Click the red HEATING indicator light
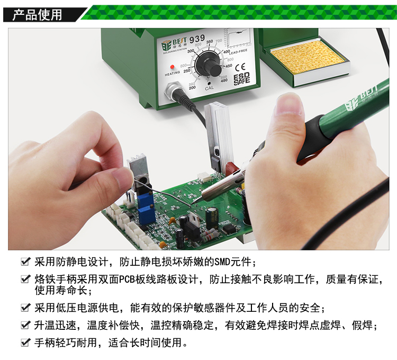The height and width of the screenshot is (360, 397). point(172,67)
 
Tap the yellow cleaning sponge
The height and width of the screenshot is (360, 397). point(308,58)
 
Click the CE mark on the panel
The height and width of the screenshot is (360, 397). point(240,68)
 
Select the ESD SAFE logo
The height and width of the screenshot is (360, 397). point(241,79)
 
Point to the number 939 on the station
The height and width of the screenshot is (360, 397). point(197,39)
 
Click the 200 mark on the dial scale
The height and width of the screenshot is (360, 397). point(192,87)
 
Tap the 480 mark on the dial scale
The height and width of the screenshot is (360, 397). point(224,80)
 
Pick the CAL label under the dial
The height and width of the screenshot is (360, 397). point(209,88)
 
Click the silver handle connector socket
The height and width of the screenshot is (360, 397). point(174,91)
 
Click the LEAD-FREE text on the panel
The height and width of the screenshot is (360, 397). point(238,52)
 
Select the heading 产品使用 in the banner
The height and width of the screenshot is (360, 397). point(37,14)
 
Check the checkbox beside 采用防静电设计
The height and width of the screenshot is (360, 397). point(25,262)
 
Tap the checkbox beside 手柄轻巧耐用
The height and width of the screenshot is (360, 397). point(25,343)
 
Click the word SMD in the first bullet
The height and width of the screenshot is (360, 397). point(222,262)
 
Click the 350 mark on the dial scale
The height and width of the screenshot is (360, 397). point(210,42)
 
